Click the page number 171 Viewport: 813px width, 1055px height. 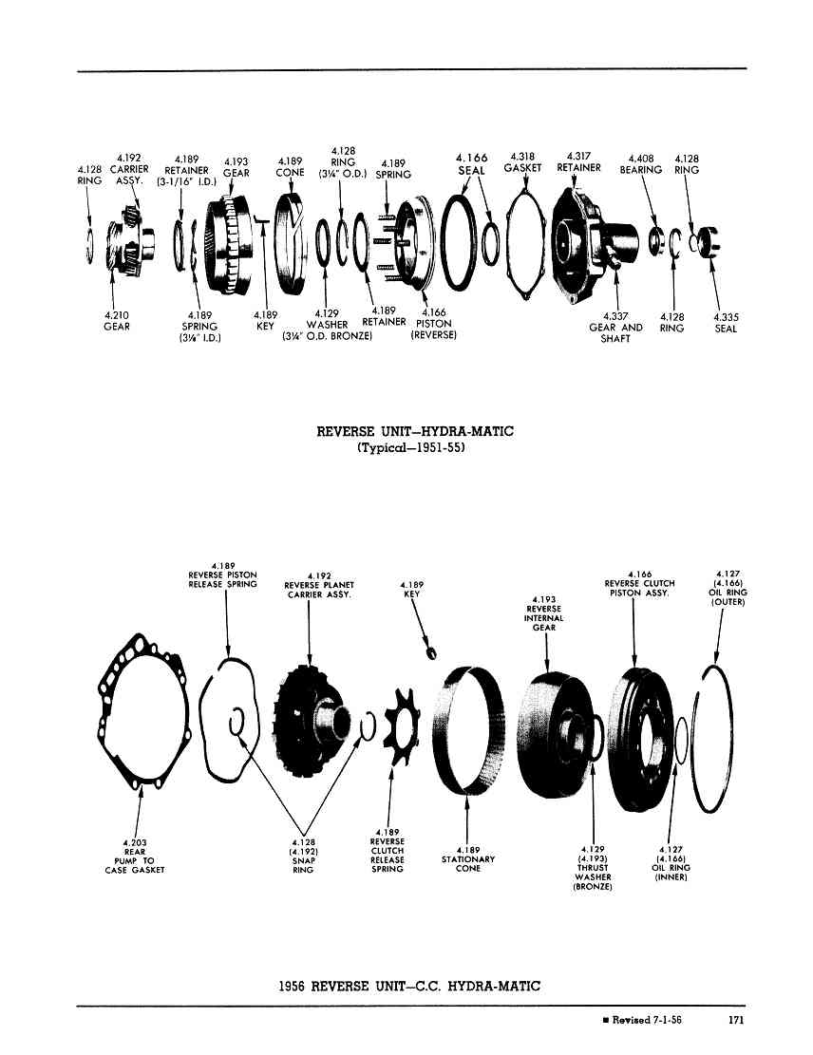click(736, 1020)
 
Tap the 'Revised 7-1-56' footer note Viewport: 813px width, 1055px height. click(642, 1020)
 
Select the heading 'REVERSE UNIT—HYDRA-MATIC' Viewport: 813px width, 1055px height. click(415, 431)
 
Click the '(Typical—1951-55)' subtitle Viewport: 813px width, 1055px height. click(411, 447)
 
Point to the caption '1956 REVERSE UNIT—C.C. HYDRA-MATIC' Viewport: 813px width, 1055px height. click(409, 987)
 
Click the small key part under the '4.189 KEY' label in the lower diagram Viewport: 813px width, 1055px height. click(431, 652)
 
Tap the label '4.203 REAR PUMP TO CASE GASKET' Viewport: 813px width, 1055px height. click(135, 856)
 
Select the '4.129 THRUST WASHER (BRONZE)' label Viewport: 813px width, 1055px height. click(593, 868)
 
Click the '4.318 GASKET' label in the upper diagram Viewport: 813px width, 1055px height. click(522, 162)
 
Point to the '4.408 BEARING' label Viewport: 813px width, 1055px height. click(641, 165)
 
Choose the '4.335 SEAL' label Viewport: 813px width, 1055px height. click(726, 323)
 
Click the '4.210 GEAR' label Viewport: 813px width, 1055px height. click(117, 321)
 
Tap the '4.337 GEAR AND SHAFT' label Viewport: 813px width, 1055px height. click(615, 328)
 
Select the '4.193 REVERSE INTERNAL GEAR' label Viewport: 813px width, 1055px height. click(544, 612)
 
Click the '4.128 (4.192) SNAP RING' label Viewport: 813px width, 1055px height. click(303, 856)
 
